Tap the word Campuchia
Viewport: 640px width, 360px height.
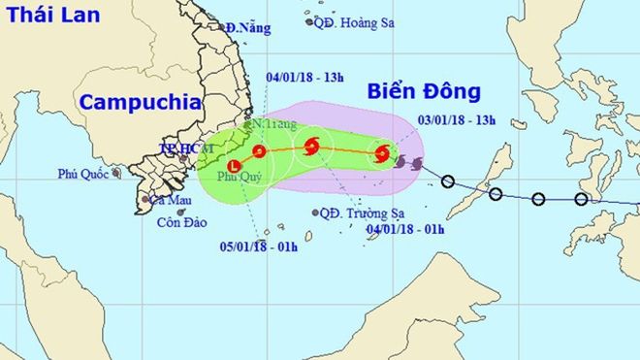(x=141, y=102)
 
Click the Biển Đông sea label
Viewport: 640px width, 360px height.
(x=425, y=92)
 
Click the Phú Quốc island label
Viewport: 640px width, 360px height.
(x=82, y=175)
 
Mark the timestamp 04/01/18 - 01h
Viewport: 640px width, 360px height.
(x=405, y=229)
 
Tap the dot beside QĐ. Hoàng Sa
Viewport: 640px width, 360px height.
(x=308, y=20)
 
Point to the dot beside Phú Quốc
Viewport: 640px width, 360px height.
(x=116, y=173)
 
